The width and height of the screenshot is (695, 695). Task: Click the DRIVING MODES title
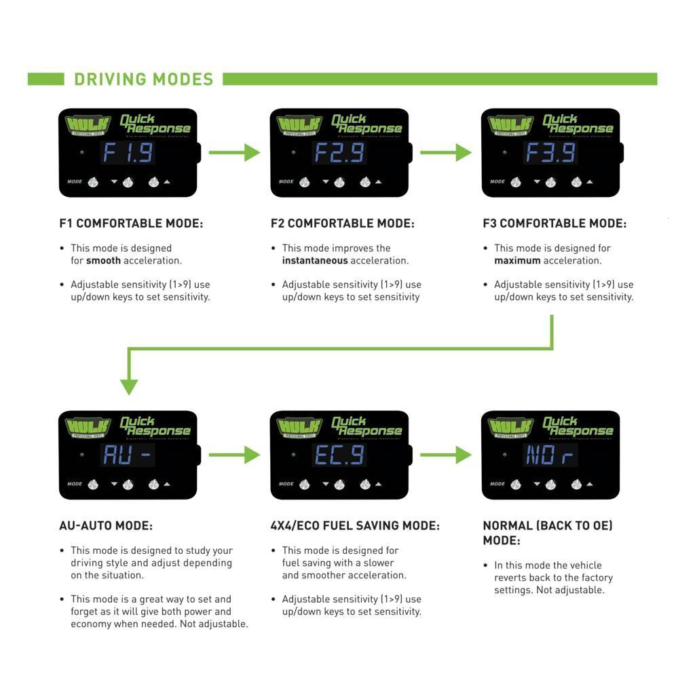143,79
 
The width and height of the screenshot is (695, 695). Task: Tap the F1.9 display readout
128,153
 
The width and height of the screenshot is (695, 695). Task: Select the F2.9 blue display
339,153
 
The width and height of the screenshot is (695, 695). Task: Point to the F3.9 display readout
550,153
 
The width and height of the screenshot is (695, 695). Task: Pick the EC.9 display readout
339,455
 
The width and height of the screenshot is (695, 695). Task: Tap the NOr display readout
550,455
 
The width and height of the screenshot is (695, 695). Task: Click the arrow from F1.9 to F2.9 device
234,153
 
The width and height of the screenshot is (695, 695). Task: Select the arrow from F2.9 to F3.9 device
445,153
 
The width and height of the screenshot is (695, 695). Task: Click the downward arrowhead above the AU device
129,386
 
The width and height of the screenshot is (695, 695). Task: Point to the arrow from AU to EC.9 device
234,455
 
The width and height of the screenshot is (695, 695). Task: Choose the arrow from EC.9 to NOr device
445,455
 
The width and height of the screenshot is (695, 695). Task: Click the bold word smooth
103,261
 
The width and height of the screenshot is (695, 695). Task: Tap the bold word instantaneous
315,261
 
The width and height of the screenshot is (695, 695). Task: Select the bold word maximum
517,261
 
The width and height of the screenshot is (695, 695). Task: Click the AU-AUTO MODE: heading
106,525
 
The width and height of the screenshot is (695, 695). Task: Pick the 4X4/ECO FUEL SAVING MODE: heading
355,525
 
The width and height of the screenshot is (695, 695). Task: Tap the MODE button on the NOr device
515,484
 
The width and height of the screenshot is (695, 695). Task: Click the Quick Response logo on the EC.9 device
367,426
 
